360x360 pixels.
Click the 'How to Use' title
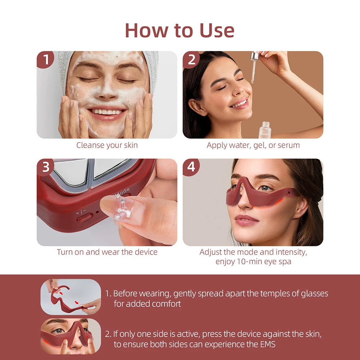tap(180, 30)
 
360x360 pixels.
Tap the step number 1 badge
tap(45, 59)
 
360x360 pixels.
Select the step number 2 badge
tap(191, 59)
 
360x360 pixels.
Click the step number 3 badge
tap(45, 167)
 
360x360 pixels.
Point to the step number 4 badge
tap(191, 167)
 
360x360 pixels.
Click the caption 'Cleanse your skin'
tap(107, 145)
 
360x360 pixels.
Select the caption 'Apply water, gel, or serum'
tap(253, 145)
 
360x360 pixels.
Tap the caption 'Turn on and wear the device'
tap(107, 252)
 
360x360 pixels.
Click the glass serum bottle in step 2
tap(265, 130)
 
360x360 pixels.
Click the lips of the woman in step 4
tap(246, 219)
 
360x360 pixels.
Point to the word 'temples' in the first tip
tap(261, 293)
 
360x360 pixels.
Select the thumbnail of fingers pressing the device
tap(71, 336)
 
